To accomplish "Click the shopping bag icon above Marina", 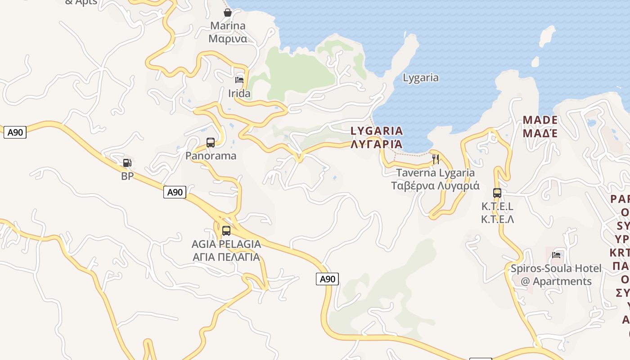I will pos(228,12).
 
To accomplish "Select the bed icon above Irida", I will pos(239,80).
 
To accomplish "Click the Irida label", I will pos(239,94).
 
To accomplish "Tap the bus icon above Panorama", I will pos(211,143).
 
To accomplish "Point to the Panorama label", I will pos(211,156).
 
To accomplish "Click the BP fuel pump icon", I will pos(127,162).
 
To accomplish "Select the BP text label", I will pos(127,176).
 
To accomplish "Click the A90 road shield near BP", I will pos(175,192).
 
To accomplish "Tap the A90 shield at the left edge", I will pos(15,132).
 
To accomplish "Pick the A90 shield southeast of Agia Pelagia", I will pos(327,279).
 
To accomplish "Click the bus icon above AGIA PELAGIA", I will pos(226,231).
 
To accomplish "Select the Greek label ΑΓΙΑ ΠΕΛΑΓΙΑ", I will pos(226,257).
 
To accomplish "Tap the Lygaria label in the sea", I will pos(420,77).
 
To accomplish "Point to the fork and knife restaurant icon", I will pos(436,159).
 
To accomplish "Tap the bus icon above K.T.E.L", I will pos(497,193).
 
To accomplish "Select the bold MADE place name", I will pos(540,120).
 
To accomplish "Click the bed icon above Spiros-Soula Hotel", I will pos(557,255).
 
